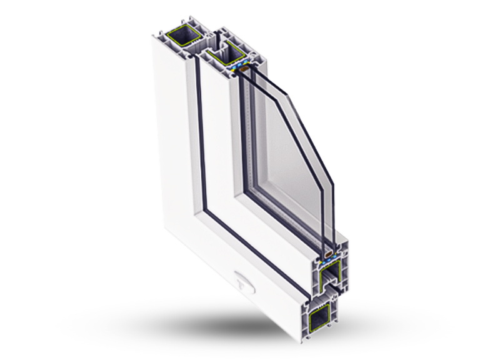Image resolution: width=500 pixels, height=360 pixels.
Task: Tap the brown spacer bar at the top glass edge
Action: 241,69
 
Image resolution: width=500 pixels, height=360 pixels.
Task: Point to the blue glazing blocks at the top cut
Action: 240,64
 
